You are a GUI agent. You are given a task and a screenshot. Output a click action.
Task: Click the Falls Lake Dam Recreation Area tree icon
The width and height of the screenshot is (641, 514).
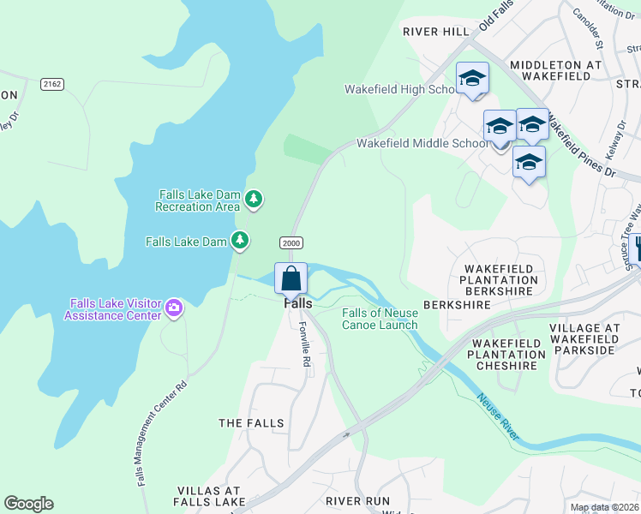[253, 200]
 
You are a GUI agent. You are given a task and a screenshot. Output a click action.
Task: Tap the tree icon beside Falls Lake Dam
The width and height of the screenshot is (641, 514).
[242, 241]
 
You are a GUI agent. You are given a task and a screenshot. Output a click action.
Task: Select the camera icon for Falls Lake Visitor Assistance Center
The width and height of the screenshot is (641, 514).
[174, 307]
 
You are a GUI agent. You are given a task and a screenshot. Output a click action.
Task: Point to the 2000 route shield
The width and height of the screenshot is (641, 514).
[291, 243]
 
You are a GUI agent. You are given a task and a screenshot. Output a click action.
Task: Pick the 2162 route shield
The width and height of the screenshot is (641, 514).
[51, 83]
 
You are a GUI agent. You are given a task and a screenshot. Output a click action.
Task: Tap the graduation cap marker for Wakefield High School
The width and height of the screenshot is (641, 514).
[472, 79]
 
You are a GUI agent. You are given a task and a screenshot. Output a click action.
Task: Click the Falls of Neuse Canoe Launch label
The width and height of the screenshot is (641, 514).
[380, 319]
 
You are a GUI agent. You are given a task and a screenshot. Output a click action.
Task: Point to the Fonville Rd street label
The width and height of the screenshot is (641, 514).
[304, 344]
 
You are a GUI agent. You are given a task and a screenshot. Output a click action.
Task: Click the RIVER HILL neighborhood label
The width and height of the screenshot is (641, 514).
[436, 32]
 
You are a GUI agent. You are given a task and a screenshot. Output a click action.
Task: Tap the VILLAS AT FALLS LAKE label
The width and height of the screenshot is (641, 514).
[212, 496]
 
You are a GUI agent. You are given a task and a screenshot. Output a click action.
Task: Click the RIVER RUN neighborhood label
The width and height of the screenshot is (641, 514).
[357, 500]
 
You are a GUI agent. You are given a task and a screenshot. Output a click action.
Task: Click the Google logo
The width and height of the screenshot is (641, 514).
[28, 504]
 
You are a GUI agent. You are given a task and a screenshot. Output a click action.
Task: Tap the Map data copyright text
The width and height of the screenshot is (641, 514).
[604, 508]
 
